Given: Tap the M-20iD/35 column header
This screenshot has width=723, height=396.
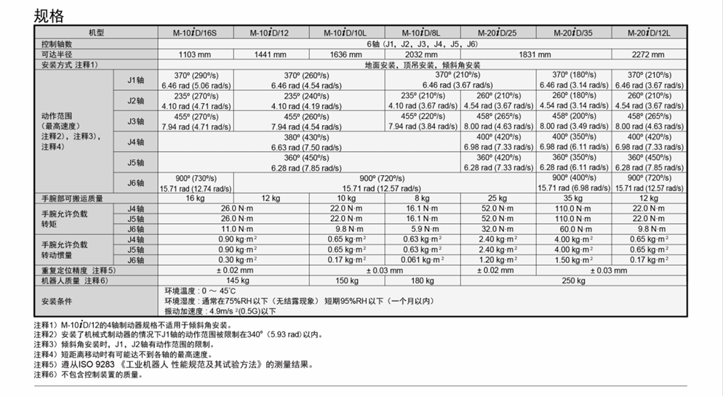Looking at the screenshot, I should click(x=573, y=33).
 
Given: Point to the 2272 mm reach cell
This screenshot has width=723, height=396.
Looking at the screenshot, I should click(x=649, y=54).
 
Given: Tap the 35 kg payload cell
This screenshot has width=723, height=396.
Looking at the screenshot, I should click(x=573, y=198).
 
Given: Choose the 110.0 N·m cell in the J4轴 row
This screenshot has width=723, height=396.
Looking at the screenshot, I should click(x=573, y=208).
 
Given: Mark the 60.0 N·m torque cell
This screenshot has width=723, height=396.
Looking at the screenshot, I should click(x=573, y=229).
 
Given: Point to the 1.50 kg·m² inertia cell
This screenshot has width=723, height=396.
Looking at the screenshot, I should click(x=573, y=260).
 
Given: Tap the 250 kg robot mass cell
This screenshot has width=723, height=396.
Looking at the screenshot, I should click(x=573, y=280).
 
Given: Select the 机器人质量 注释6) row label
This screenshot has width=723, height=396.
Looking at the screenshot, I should click(x=75, y=280).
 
